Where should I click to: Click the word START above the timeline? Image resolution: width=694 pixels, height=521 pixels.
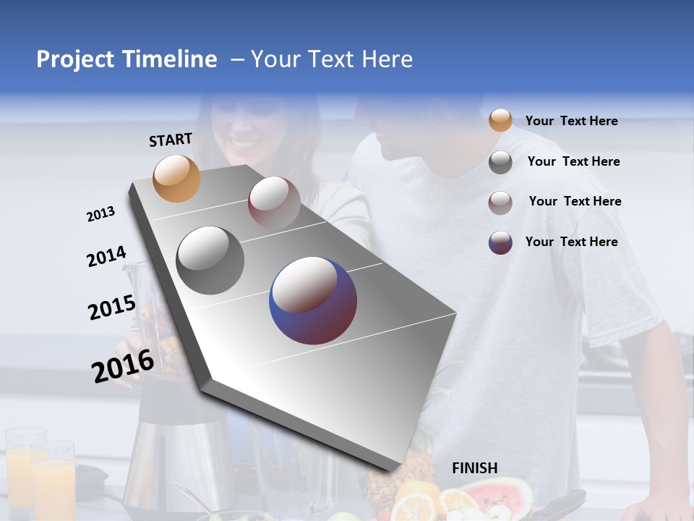click(171, 140)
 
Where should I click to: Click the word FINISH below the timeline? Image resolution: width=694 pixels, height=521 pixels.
click(474, 468)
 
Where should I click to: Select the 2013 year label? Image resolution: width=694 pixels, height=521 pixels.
click(100, 214)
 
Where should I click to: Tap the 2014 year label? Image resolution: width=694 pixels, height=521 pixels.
click(106, 257)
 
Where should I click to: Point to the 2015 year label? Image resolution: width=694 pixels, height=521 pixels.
click(111, 308)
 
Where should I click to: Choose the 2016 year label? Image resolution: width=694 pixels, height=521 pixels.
click(122, 365)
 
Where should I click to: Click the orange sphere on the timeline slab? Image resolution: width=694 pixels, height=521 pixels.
click(176, 178)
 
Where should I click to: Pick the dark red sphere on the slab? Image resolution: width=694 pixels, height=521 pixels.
click(274, 202)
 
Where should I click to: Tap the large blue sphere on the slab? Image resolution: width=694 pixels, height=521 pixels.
click(313, 300)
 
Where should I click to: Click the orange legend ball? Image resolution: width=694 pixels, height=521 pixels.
click(500, 121)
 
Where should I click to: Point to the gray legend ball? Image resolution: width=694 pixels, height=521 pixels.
click(500, 162)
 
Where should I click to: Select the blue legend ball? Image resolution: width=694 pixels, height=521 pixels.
click(500, 242)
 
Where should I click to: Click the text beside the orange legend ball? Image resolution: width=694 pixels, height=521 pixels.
click(571, 121)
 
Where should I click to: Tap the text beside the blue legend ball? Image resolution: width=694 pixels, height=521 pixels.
click(571, 242)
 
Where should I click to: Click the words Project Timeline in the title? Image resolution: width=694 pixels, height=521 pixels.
click(127, 59)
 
